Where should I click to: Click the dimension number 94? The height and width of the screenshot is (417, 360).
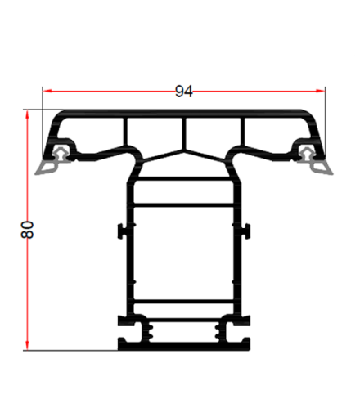tap(184, 92)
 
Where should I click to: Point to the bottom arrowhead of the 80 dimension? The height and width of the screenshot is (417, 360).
tap(29, 343)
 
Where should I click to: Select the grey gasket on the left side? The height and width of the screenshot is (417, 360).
tap(49, 168)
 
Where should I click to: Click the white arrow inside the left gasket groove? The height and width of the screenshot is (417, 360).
tap(62, 151)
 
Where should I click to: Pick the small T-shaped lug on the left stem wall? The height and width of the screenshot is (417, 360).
tap(122, 231)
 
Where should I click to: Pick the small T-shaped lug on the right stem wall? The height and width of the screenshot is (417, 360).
tap(245, 231)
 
